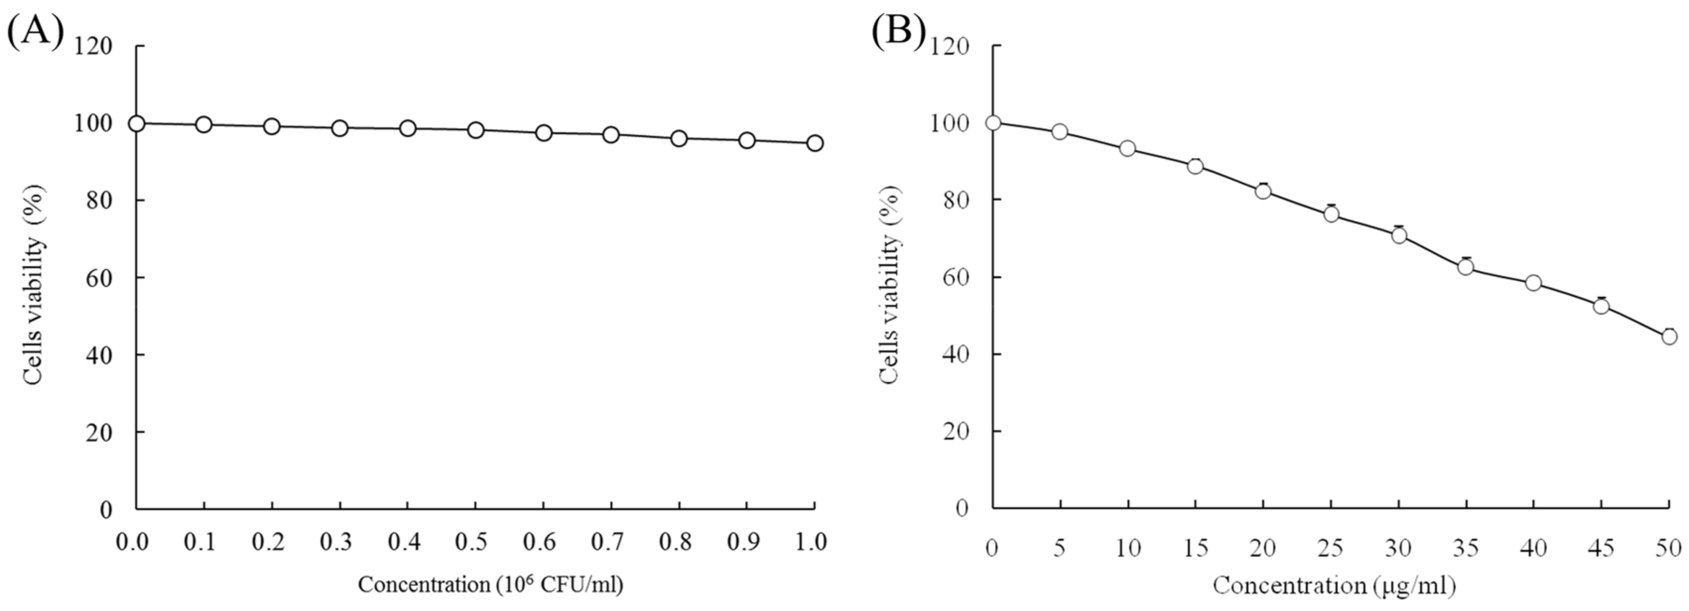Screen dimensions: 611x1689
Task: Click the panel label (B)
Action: (898, 31)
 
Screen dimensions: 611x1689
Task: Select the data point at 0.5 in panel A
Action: (476, 130)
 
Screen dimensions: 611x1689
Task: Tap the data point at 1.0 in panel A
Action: (814, 143)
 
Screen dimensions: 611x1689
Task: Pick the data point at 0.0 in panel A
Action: (136, 123)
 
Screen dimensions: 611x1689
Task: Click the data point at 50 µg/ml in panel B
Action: (1669, 336)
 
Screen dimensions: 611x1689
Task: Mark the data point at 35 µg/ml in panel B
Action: (1465, 267)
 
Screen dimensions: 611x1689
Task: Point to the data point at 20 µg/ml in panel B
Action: (1263, 191)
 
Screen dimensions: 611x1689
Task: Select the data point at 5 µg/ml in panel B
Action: (1059, 132)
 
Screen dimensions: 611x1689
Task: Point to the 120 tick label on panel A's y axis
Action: (93, 47)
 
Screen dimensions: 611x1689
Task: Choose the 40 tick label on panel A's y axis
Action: (98, 355)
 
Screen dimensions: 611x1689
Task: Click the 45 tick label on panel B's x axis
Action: (1601, 548)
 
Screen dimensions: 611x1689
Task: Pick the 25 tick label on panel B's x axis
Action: (1330, 548)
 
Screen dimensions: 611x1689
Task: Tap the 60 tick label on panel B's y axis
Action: (955, 277)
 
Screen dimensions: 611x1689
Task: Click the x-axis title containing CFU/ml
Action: (490, 584)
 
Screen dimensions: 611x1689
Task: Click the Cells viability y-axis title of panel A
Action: (35, 285)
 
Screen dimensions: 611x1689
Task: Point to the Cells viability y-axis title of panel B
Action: (890, 285)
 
